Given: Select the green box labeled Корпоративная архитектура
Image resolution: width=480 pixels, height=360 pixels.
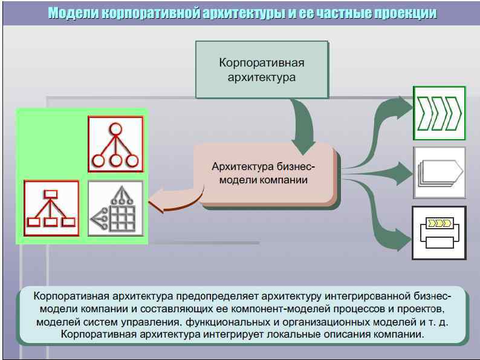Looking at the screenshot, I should point(261,70).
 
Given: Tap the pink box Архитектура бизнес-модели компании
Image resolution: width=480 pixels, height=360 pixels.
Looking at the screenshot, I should point(264,174).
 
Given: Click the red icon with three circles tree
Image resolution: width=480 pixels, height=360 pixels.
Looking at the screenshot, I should point(115,144).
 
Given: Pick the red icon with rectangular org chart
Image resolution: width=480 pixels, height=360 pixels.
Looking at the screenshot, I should point(51,208).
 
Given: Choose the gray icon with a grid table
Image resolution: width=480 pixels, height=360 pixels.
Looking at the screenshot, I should point(115,208).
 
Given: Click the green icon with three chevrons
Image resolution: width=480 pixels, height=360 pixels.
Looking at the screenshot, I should point(439,113).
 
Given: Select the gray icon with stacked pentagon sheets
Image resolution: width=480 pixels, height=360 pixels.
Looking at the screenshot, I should point(439,172).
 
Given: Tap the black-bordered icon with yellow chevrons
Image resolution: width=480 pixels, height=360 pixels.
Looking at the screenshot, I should point(439,232).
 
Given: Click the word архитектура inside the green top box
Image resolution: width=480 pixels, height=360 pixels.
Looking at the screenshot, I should point(261,77).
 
